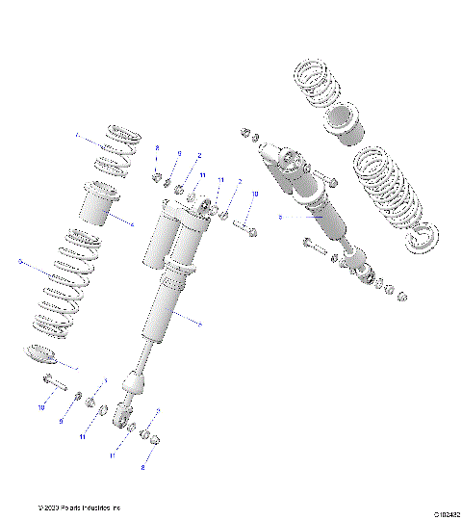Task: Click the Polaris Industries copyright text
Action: pyautogui.click(x=79, y=507)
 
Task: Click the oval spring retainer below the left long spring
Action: pyautogui.click(x=43, y=354)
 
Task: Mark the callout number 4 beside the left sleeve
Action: pyautogui.click(x=132, y=225)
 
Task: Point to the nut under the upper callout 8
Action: pyautogui.click(x=156, y=177)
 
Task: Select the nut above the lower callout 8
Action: pyautogui.click(x=152, y=441)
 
